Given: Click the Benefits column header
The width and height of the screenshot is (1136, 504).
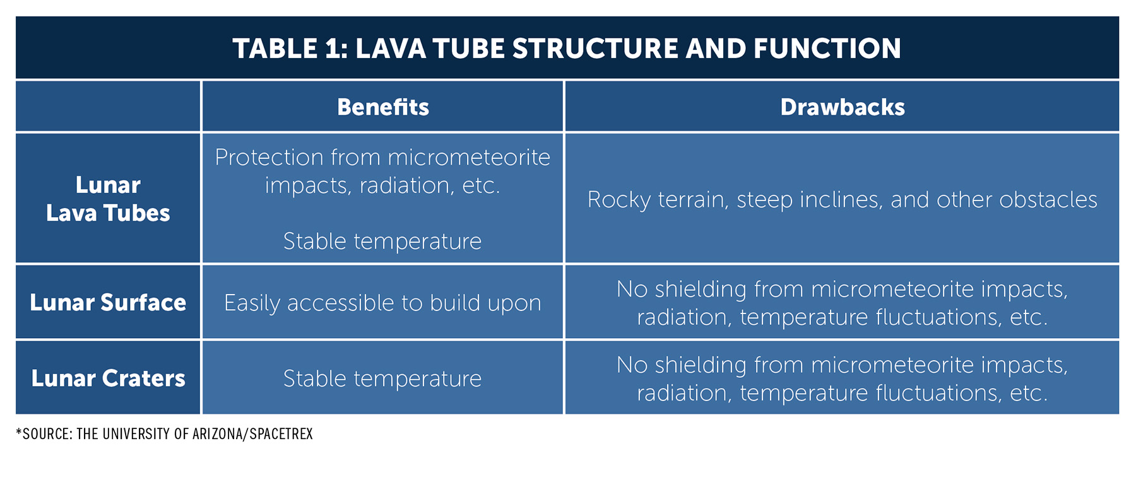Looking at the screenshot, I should coord(382,107).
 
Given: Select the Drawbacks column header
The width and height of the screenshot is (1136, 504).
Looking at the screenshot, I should coord(842,107).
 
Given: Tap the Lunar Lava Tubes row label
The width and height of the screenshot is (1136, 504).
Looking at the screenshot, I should coord(108,199).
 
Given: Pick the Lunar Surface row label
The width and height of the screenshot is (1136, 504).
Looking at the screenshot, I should coord(108,303).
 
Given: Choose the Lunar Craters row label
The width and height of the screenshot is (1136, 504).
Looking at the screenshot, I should coord(108,378).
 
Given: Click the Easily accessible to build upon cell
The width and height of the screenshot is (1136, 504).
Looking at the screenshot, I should coord(382,303).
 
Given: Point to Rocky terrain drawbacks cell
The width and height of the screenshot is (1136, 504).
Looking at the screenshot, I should coord(842,200).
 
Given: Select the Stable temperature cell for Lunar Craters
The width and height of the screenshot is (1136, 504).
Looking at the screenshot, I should coord(382,378).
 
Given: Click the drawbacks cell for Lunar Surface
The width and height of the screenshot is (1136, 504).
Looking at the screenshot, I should coord(842,303).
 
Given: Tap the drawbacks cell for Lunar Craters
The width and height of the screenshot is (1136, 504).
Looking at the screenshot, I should coord(842,378).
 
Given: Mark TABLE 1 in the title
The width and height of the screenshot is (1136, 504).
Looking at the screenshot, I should coord(290,49).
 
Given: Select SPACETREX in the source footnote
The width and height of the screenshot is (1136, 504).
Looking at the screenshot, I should coord(281,434).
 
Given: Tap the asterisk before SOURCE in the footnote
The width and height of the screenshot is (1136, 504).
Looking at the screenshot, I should coord(19,432).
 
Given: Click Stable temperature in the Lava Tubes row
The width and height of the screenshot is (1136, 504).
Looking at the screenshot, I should coord(382,241).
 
